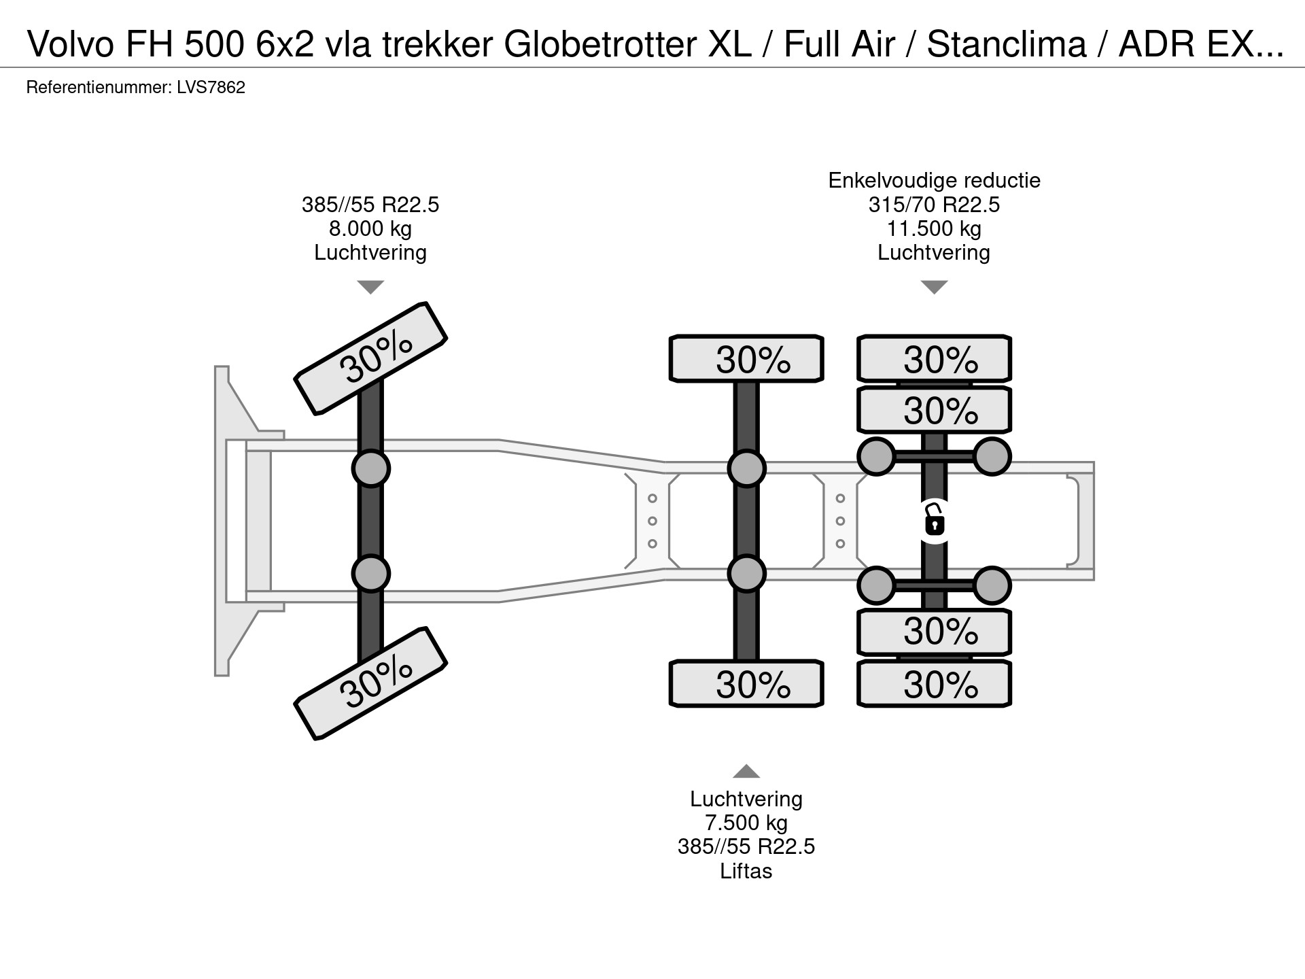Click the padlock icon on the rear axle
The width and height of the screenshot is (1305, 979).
[x=935, y=522]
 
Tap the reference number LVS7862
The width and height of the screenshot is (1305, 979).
[x=211, y=88]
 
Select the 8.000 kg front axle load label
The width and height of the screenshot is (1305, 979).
[x=370, y=228]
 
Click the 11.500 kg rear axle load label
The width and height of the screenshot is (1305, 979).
[x=934, y=228]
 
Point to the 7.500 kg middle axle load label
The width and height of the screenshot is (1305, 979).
[x=746, y=823]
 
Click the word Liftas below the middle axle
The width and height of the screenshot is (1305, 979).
[x=746, y=871]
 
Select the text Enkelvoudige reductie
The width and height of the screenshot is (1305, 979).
[x=934, y=180]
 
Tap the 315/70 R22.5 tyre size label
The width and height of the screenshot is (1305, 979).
[x=934, y=205]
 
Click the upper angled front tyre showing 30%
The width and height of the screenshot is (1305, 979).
[x=371, y=358]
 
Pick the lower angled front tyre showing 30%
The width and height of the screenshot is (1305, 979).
[x=371, y=683]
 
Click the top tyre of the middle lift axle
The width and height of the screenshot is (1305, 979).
[x=746, y=358]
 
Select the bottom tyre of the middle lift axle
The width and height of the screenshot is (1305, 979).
[x=746, y=683]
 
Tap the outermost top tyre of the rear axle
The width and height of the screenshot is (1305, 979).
[x=934, y=358]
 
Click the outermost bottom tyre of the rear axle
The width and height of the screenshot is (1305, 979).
[x=934, y=683]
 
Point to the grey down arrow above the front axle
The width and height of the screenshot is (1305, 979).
[x=370, y=287]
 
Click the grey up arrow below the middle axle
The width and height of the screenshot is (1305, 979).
[x=746, y=771]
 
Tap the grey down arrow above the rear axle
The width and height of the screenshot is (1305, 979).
[x=934, y=287]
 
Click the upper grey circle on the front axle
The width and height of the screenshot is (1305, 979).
[x=371, y=468]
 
